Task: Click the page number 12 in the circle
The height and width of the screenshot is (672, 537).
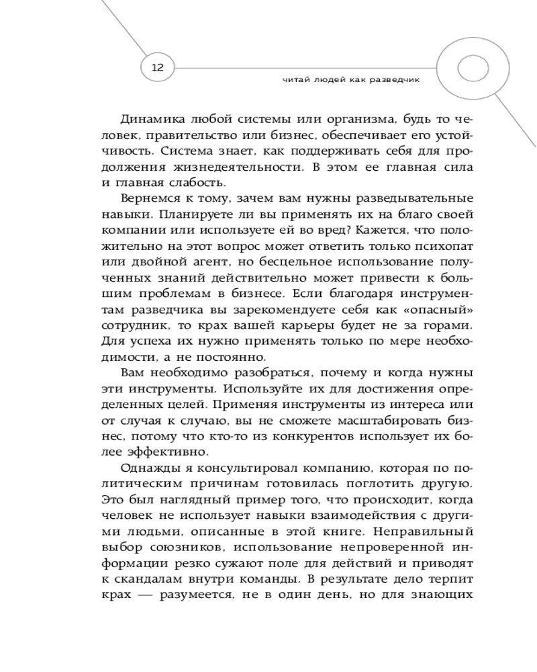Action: click(158, 67)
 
